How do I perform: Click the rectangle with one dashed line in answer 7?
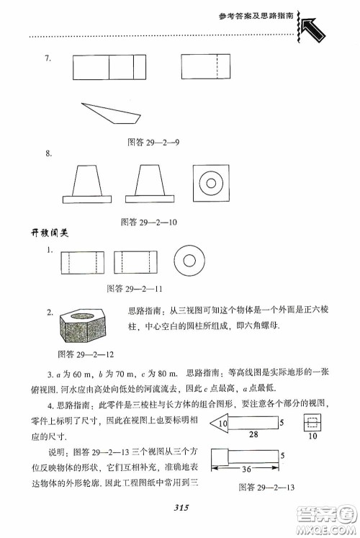pos(206,69)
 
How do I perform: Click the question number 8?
pos(48,153)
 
